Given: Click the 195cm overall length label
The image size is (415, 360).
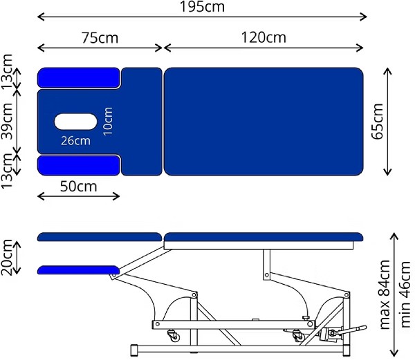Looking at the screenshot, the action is [202, 7].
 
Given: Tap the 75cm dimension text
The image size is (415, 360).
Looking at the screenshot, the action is [100, 38].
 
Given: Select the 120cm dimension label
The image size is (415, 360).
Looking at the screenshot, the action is [264, 37].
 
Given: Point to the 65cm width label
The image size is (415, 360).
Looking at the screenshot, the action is [377, 122].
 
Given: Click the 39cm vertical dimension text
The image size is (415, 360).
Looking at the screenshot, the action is [7, 121].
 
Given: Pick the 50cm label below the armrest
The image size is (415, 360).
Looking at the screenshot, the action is [78, 187].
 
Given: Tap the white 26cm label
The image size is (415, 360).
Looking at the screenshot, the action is [75, 141].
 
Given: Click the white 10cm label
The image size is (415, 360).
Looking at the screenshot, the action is [108, 122].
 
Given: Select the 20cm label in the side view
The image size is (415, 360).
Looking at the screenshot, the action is [7, 257].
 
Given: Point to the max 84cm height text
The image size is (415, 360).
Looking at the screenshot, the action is [385, 294].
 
